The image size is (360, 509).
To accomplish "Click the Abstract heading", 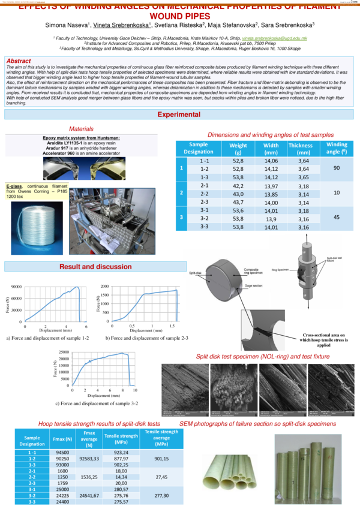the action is click(19, 61).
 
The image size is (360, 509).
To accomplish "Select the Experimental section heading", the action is click(180, 115).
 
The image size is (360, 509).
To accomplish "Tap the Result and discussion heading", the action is click(95, 266).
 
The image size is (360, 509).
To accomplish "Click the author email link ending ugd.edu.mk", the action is click(275, 38).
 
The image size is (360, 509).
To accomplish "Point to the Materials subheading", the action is click(81, 129).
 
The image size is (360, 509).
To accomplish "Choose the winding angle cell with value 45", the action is click(337, 219).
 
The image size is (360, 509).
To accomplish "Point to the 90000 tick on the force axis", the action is click(15, 287).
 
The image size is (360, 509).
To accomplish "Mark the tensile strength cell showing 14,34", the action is click(121, 475).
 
